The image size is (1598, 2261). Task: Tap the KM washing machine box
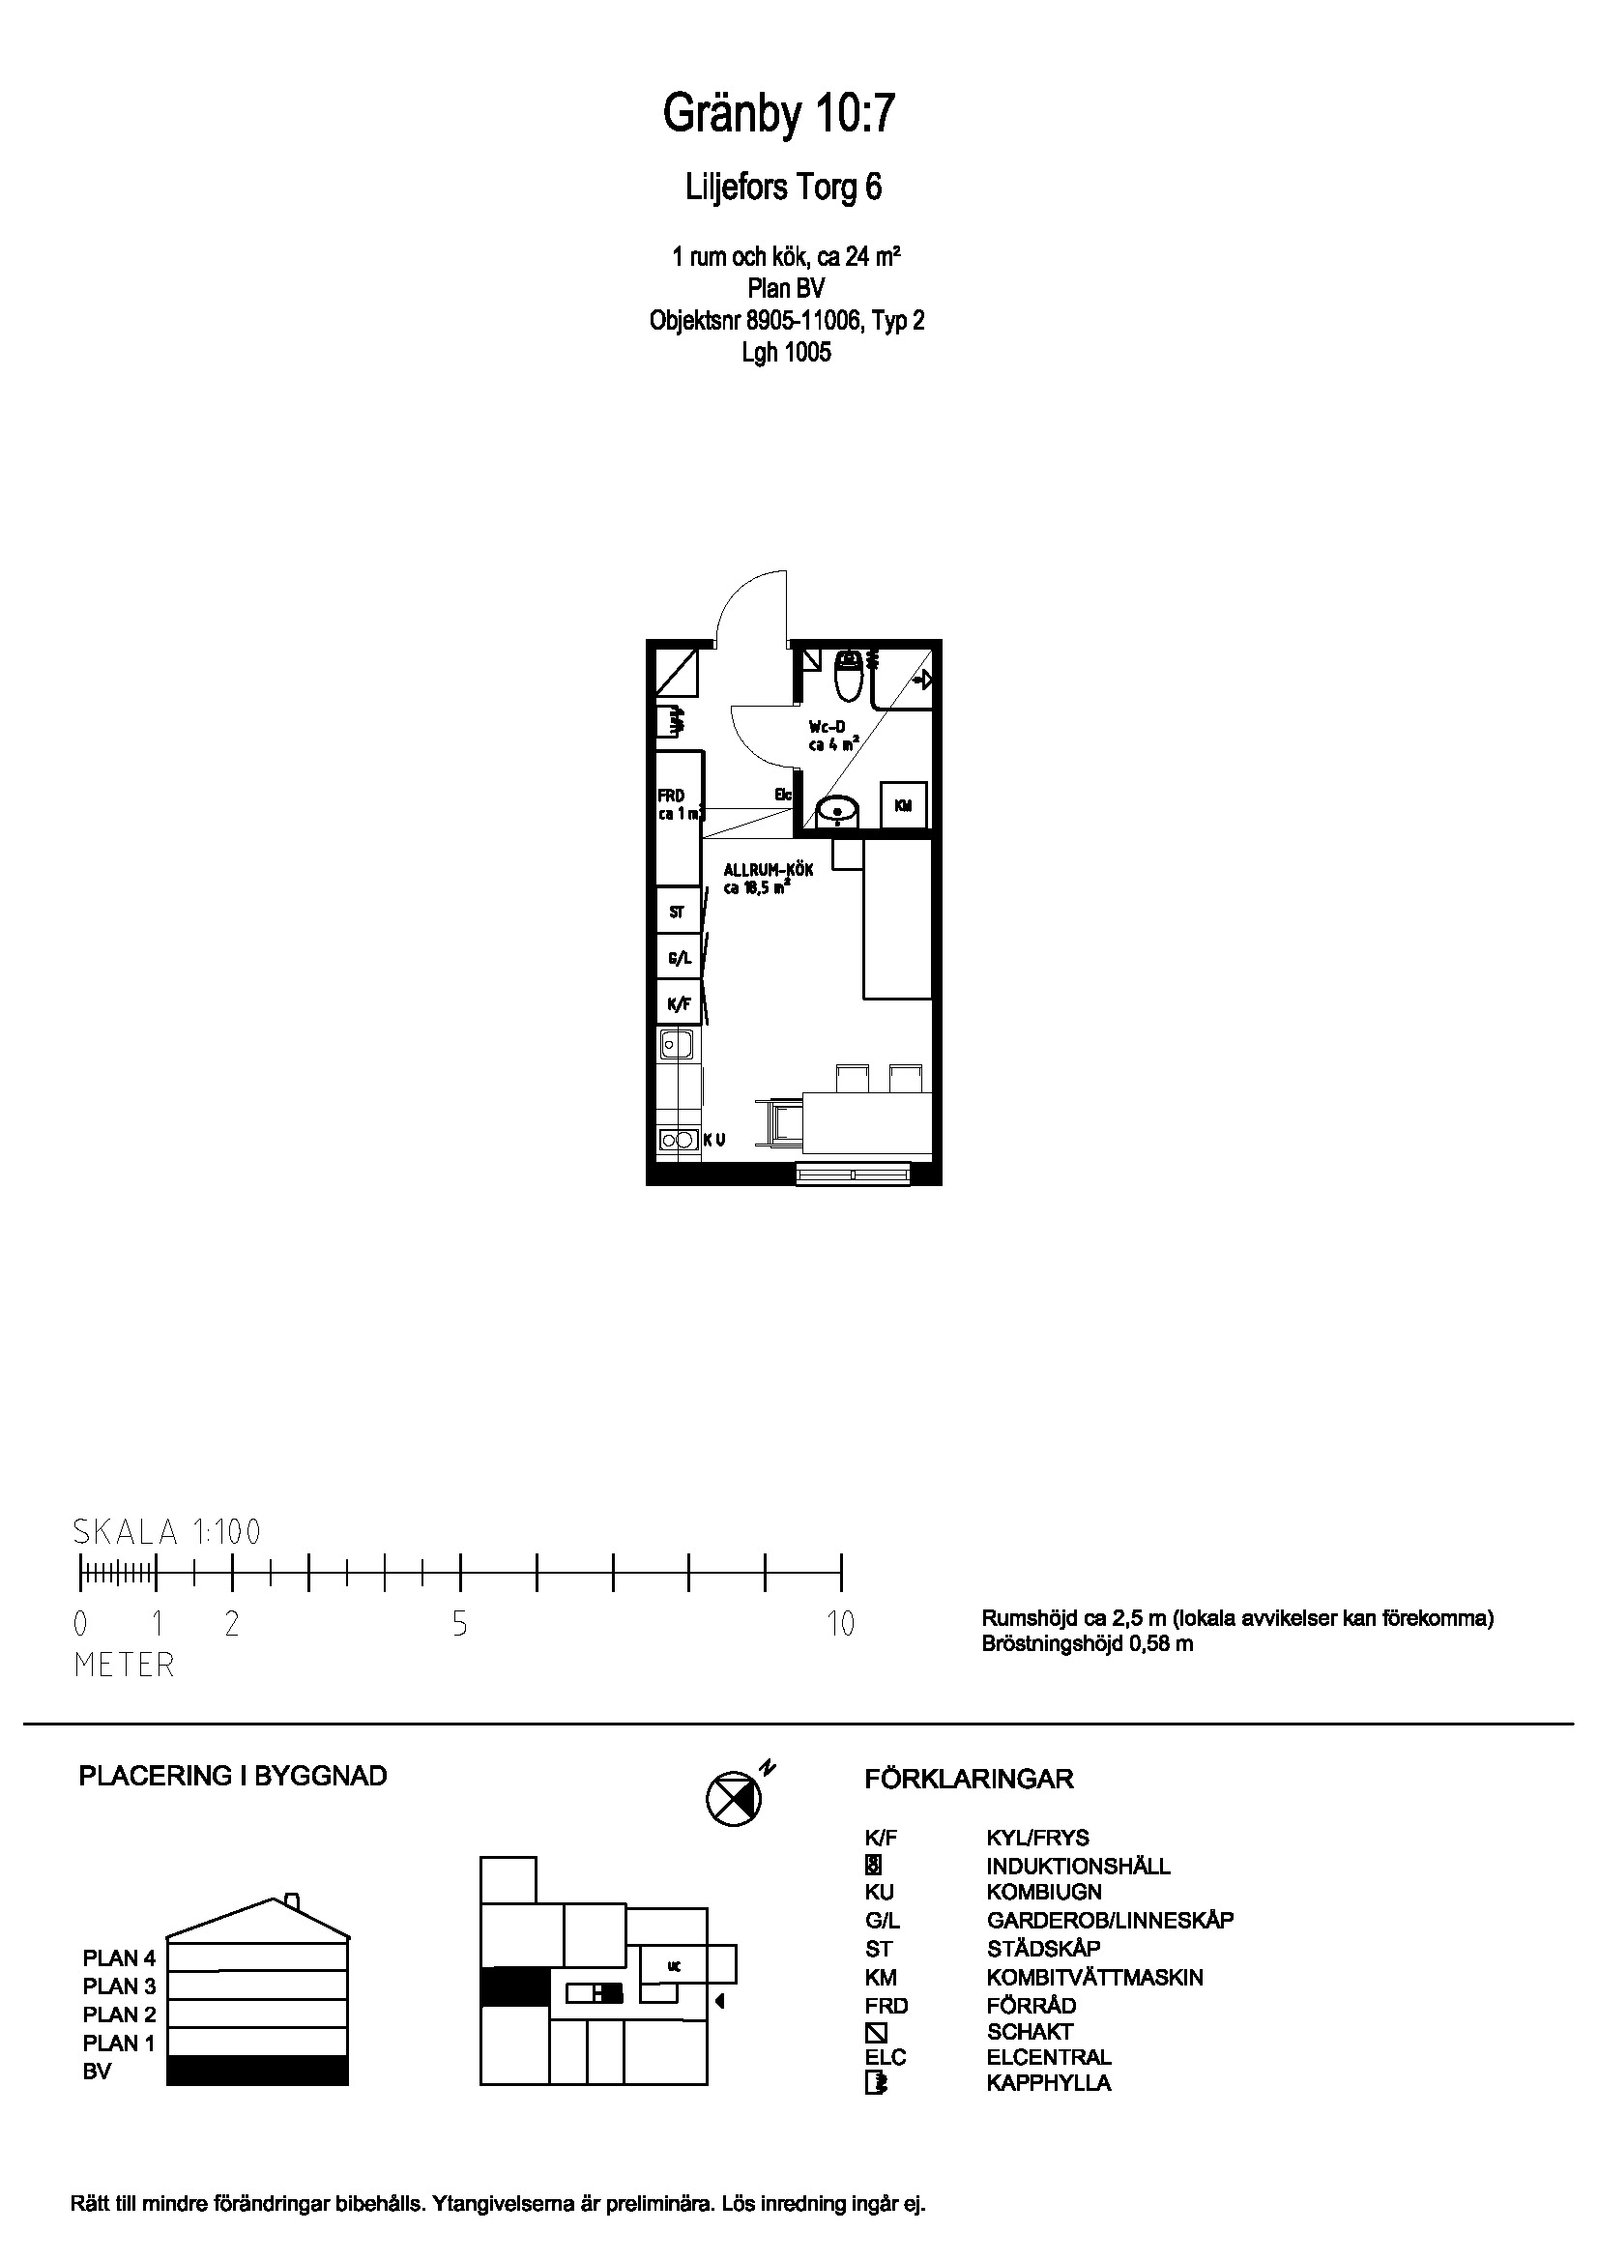pos(902,805)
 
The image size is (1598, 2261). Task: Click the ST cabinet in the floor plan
pos(678,912)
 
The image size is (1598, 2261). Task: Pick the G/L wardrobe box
pos(679,957)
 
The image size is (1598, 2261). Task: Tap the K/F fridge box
pos(679,1004)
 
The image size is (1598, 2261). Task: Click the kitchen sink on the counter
pos(676,1042)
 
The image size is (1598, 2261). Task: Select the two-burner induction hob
pos(677,1141)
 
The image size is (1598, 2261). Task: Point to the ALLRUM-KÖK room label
pos(768,871)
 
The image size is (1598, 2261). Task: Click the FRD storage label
pos(671,796)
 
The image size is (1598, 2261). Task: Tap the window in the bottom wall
pos(853,1173)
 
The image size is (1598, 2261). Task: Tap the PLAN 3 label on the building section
pos(119,1986)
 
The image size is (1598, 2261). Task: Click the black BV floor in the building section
pos(257,2070)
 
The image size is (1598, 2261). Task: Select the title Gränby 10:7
pos(779,114)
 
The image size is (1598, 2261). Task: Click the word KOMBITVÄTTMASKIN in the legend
pos(1094,1978)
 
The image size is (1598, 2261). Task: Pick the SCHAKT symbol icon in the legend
pos(875,2032)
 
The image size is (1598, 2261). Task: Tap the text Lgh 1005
pos(786,352)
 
